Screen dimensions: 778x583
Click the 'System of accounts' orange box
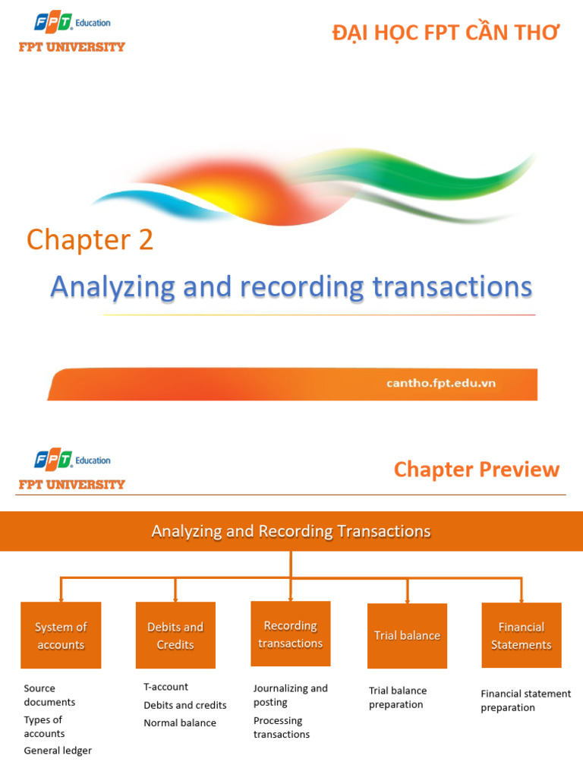[x=61, y=635]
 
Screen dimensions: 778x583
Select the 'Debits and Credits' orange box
[x=175, y=635]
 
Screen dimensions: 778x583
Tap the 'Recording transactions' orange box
[x=291, y=634]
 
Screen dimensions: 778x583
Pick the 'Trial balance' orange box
[x=407, y=635]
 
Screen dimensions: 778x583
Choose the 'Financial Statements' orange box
[x=522, y=635]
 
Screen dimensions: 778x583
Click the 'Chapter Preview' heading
[x=476, y=470]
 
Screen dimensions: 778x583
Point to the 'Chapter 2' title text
[x=90, y=240]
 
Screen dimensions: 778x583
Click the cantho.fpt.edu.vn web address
[x=441, y=383]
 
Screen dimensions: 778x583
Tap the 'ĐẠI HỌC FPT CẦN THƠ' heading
[x=446, y=33]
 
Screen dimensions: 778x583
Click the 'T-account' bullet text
[x=165, y=687]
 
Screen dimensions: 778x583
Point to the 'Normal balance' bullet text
[x=180, y=723]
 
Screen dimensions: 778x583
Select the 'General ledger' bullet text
[x=58, y=751]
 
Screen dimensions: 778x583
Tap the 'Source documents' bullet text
[x=49, y=695]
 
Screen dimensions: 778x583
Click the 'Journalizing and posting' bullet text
[x=290, y=695]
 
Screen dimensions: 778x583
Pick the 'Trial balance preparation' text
[x=398, y=697]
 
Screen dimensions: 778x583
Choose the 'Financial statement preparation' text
[x=525, y=701]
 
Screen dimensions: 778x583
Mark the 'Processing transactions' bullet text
[x=281, y=727]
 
